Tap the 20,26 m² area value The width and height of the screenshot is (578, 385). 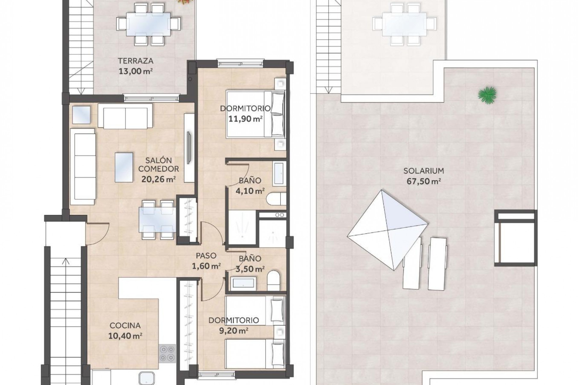tap(158, 179)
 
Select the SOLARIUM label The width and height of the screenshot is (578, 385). tap(424, 171)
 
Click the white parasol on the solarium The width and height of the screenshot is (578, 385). tap(387, 230)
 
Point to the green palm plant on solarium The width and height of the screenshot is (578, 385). tap(487, 95)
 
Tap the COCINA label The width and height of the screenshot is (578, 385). tap(125, 325)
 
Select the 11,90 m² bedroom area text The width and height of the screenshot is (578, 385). tap(245, 119)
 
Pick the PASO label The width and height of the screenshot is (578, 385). tap(206, 256)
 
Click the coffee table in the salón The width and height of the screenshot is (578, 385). tap(124, 167)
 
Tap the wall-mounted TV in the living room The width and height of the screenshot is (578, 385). tap(189, 147)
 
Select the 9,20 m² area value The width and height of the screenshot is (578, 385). tap(234, 331)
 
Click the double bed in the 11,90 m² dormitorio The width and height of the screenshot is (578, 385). tap(255, 114)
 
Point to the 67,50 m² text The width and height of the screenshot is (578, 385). tap(424, 181)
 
